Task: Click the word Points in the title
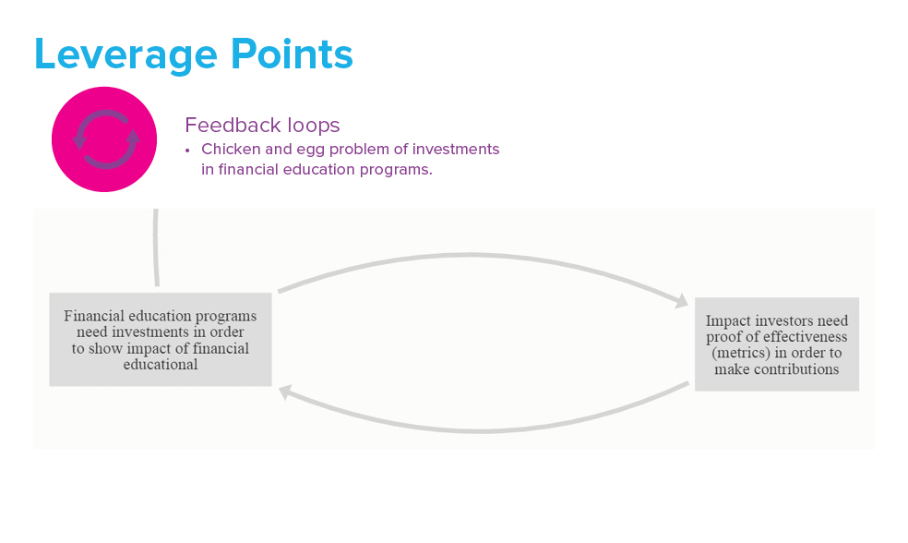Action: pyautogui.click(x=292, y=54)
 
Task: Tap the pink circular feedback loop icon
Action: pyautogui.click(x=104, y=139)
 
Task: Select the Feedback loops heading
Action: pyautogui.click(x=262, y=125)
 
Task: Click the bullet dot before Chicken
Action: pyautogui.click(x=187, y=151)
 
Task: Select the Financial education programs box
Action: pyautogui.click(x=161, y=340)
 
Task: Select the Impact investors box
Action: pyautogui.click(x=777, y=344)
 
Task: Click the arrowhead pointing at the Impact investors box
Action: pyautogui.click(x=682, y=301)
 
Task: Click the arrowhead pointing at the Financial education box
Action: pyautogui.click(x=285, y=392)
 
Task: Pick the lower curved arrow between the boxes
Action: pyautogui.click(x=484, y=431)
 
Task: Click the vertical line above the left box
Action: pyautogui.click(x=155, y=247)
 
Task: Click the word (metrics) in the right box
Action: pyautogui.click(x=741, y=353)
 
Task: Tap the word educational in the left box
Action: pyautogui.click(x=161, y=365)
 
